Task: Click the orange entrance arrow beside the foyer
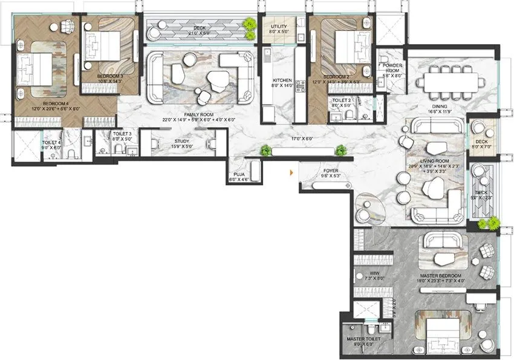pos(293,173)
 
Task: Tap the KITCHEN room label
pos(282,80)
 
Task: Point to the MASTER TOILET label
pos(363,339)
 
